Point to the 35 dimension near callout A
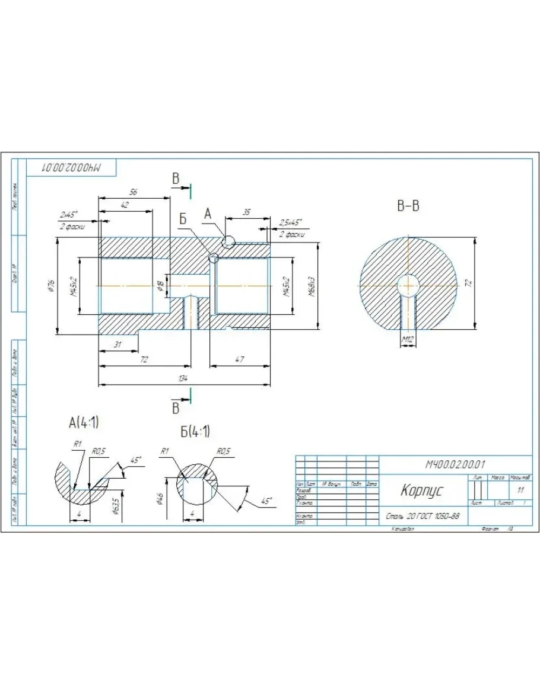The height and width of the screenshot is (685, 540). click(247, 212)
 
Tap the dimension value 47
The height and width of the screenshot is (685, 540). click(239, 360)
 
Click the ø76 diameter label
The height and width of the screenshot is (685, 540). click(52, 286)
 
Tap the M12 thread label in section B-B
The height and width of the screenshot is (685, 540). click(407, 339)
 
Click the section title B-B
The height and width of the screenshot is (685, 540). click(408, 206)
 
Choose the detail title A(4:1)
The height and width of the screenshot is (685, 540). click(84, 423)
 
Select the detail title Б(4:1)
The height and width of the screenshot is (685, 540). click(195, 431)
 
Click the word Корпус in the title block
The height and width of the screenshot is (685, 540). click(421, 490)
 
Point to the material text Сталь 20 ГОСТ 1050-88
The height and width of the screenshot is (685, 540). click(422, 516)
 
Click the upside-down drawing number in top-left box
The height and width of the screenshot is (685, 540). click(71, 168)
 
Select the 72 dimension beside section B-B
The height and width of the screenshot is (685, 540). click(468, 283)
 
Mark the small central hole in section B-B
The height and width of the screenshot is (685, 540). click(408, 285)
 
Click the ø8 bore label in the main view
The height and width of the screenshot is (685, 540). click(160, 286)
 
